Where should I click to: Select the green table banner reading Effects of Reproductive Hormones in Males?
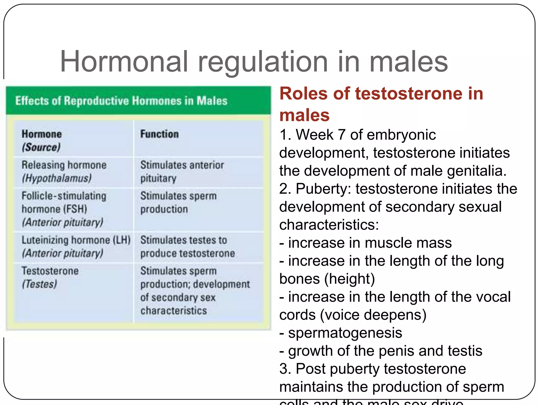coord(138,101)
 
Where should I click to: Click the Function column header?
coord(159,134)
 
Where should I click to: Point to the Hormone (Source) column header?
coord(42,140)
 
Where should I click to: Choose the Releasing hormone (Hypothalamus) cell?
coord(64,172)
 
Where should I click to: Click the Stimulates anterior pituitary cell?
coord(182,172)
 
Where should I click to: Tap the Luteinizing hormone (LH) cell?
coord(76,247)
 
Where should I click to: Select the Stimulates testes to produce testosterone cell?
coord(187,247)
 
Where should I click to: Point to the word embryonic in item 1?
coord(401,135)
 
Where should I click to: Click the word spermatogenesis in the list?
coord(345,333)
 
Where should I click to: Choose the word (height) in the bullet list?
coord(350,279)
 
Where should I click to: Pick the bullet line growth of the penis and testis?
coord(381,351)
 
